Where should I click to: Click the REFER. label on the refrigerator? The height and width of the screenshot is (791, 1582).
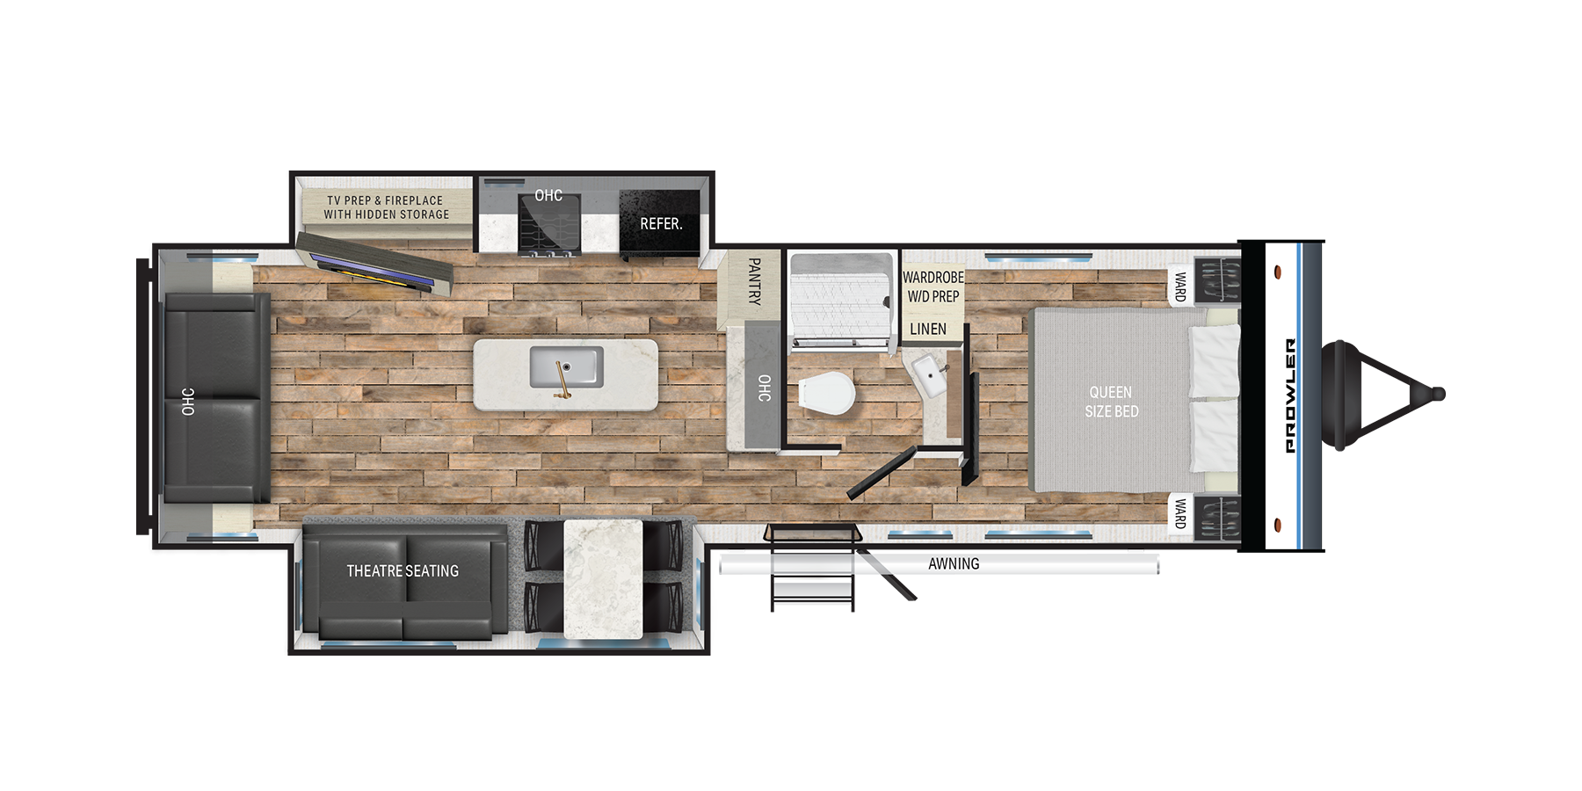(x=661, y=224)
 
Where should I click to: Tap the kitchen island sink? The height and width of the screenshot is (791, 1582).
(x=566, y=366)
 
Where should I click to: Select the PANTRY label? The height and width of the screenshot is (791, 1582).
(x=754, y=281)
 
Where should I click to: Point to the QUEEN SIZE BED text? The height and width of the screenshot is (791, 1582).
(x=1111, y=402)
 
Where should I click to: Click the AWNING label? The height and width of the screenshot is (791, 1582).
(x=954, y=564)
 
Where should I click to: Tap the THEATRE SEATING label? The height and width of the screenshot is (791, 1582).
(x=403, y=571)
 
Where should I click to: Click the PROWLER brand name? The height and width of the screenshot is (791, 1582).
(x=1290, y=395)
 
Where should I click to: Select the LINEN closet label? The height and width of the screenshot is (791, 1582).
(x=928, y=330)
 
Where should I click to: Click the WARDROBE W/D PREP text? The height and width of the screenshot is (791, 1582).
(x=933, y=287)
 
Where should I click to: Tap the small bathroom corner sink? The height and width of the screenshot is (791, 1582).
(x=929, y=375)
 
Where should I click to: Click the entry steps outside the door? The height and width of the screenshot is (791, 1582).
(x=813, y=568)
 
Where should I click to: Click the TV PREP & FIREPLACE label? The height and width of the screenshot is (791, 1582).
(x=385, y=200)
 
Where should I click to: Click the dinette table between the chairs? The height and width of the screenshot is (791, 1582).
(x=603, y=579)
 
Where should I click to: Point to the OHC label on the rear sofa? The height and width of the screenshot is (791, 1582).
(x=188, y=402)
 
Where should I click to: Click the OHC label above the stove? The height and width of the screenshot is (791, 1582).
(x=548, y=195)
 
